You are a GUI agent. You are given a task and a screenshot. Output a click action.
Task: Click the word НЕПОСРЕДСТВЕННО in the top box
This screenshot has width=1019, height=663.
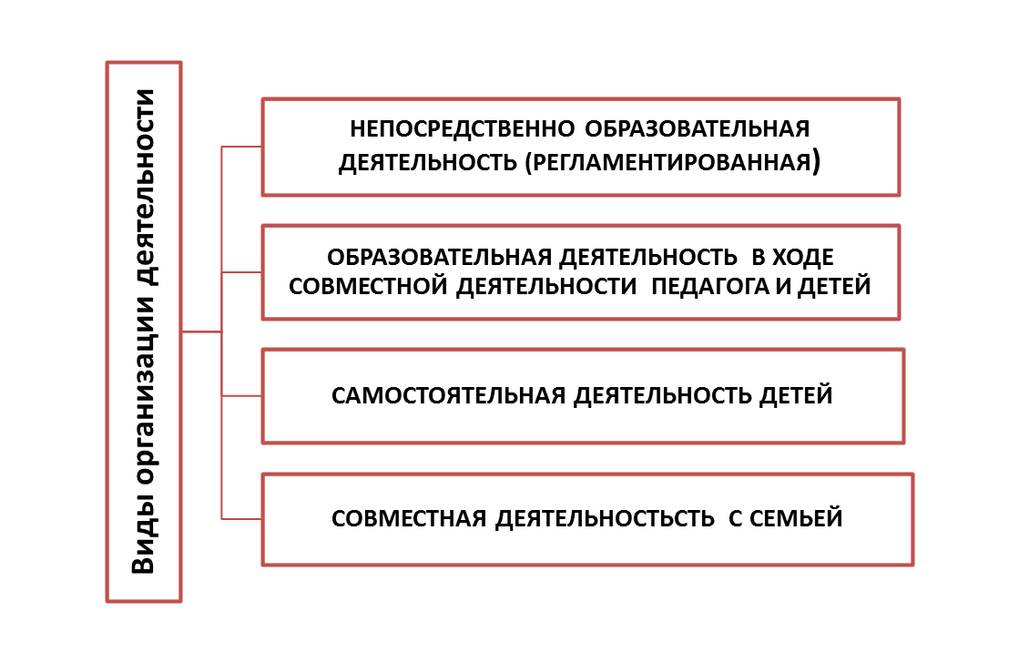coord(462,128)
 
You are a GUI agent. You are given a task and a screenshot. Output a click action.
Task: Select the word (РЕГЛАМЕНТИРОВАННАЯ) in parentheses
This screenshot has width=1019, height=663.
coord(673,161)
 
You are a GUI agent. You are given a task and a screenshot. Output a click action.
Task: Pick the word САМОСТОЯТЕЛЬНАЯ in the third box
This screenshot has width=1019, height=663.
coord(448,395)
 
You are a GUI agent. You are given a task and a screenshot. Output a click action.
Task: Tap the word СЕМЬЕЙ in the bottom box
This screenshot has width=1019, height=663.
coord(796,518)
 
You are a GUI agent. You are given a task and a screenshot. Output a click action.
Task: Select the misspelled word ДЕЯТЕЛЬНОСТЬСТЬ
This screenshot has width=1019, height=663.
coord(605,519)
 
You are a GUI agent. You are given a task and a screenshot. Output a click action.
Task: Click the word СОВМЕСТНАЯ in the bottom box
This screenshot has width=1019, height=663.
coord(409,518)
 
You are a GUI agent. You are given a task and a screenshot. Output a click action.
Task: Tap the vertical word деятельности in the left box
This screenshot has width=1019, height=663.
coord(144,188)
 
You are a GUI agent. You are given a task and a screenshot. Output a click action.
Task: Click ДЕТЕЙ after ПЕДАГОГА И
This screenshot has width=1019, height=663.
coord(834,286)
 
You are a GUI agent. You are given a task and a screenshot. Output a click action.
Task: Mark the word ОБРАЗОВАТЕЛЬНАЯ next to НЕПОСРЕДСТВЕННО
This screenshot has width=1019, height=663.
coord(697,128)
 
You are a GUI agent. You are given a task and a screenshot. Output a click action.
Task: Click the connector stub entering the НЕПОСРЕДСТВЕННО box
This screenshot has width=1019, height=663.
coord(241,147)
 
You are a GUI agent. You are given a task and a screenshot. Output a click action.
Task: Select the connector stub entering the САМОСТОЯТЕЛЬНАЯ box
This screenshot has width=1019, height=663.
coord(241,396)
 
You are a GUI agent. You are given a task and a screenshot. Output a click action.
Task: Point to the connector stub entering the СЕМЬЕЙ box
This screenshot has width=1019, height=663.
coord(241,519)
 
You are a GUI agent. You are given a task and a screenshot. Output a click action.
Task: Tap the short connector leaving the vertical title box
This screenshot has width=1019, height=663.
coord(201,332)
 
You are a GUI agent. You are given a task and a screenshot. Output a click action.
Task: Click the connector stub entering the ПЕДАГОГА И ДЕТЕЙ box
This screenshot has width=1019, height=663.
coord(241,271)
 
